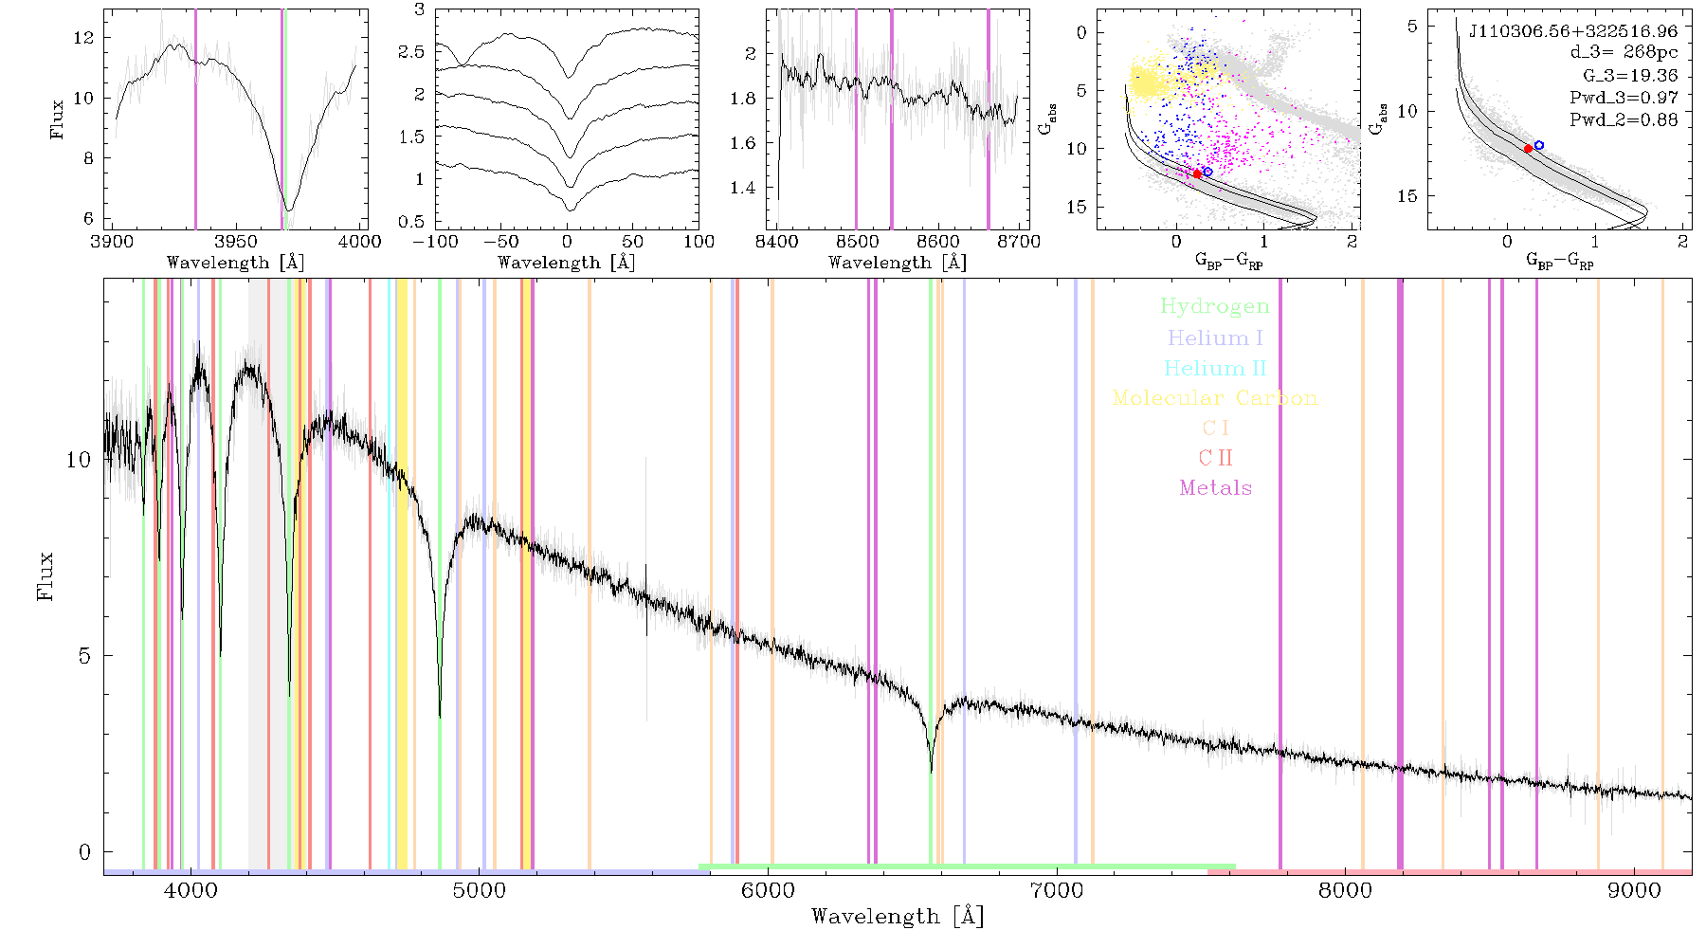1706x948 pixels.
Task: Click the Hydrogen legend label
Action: [1215, 306]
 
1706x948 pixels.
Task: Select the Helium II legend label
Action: [1215, 368]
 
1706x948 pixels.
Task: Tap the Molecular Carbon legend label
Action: [1215, 398]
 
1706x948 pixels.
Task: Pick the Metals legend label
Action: [1216, 487]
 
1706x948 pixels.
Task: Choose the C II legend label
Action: [1216, 458]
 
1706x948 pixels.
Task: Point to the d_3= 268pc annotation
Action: [1624, 53]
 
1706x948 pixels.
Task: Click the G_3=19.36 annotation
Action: [1630, 76]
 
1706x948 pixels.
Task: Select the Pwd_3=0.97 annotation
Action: [1624, 98]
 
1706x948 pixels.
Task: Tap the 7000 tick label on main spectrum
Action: [1057, 890]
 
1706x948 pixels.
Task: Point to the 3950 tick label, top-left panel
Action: [236, 241]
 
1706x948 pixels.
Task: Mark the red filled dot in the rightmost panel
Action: [1528, 149]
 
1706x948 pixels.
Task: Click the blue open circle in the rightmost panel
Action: [1539, 145]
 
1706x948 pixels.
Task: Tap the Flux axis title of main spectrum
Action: [45, 575]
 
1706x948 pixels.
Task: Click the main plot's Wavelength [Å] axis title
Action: [898, 916]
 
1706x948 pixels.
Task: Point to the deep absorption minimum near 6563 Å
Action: [932, 771]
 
